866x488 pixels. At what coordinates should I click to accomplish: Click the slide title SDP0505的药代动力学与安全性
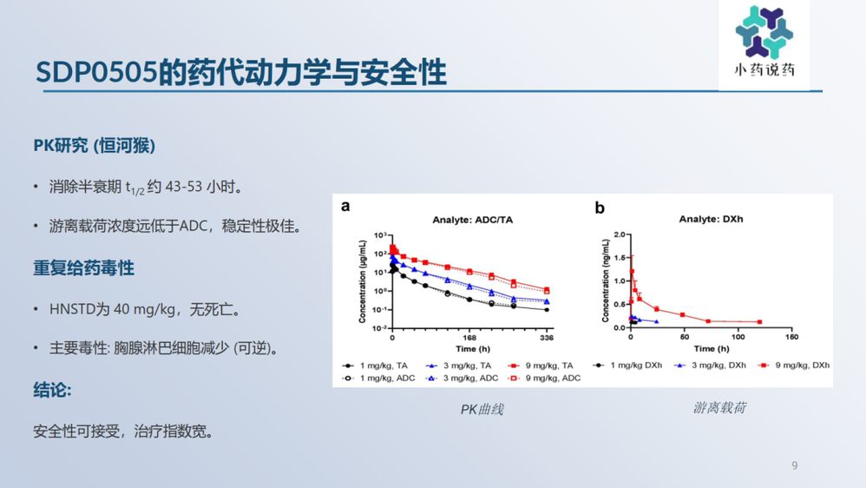pyautogui.click(x=241, y=72)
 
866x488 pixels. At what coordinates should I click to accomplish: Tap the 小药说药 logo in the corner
pyautogui.click(x=764, y=42)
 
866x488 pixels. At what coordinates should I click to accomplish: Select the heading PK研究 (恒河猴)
pyautogui.click(x=95, y=145)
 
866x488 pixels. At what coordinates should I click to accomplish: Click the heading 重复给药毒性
pyautogui.click(x=83, y=268)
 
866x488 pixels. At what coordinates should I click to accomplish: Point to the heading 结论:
pyautogui.click(x=52, y=390)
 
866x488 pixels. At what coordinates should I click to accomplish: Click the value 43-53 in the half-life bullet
pyautogui.click(x=183, y=187)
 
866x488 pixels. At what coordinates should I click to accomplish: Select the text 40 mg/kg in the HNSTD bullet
pyautogui.click(x=144, y=309)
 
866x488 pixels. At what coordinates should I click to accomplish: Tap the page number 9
pyautogui.click(x=795, y=465)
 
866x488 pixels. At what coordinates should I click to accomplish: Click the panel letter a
pyautogui.click(x=345, y=207)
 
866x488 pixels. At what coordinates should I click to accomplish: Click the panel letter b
pyautogui.click(x=600, y=208)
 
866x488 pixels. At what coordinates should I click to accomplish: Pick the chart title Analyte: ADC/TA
pyautogui.click(x=472, y=220)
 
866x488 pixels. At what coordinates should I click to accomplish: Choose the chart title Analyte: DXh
pyautogui.click(x=711, y=220)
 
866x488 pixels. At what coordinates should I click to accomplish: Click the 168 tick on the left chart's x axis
pyautogui.click(x=469, y=338)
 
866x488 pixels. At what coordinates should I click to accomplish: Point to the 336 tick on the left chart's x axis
pyautogui.click(x=546, y=338)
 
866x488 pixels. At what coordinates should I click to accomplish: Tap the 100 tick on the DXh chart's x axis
pyautogui.click(x=738, y=337)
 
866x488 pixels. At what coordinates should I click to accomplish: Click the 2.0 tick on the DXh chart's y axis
pyautogui.click(x=619, y=234)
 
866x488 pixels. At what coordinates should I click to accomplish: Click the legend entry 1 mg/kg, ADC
pyautogui.click(x=378, y=378)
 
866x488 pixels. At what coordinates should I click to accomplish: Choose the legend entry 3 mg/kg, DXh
pyautogui.click(x=711, y=366)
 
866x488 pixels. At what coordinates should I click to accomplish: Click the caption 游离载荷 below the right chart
pyautogui.click(x=719, y=408)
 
